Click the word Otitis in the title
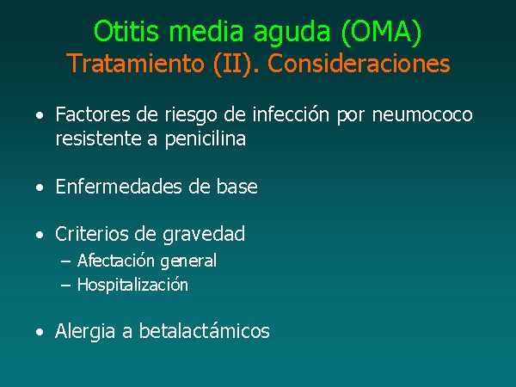[x=126, y=31]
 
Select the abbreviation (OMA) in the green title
[x=381, y=32]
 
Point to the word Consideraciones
[x=359, y=63]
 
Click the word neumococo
[x=422, y=115]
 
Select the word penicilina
[x=206, y=138]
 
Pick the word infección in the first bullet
[x=291, y=114]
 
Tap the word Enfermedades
[x=119, y=187]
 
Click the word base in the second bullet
[x=237, y=187]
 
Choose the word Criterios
[x=92, y=234]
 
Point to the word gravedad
[x=204, y=235]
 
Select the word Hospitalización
[x=132, y=285]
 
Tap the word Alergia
[x=85, y=331]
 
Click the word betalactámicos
[x=205, y=330]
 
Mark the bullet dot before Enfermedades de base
[x=40, y=187]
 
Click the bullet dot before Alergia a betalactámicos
[x=40, y=332]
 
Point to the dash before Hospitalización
[x=66, y=286]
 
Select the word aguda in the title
[x=292, y=33]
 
